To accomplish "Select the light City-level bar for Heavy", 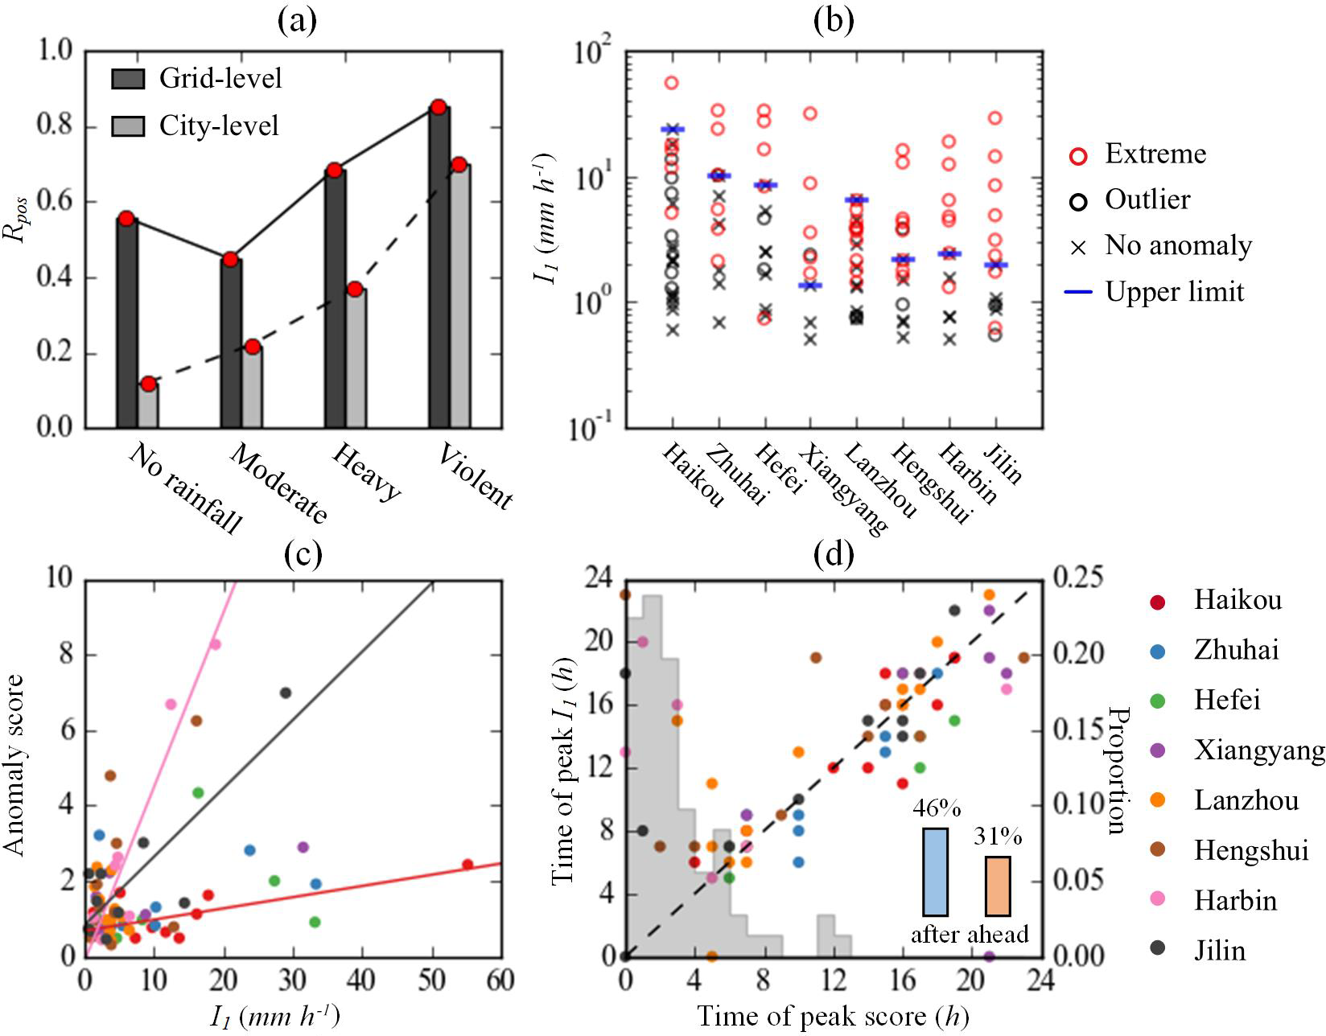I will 356,358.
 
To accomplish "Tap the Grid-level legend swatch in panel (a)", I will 128,79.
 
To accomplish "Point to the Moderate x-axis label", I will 278,482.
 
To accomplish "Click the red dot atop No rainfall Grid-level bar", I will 126,218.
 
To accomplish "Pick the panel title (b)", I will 834,20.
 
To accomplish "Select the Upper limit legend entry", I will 1174,291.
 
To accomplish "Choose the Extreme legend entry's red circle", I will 1078,155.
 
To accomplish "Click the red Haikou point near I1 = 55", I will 467,864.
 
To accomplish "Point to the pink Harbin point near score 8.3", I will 216,644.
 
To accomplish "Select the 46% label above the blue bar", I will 936,808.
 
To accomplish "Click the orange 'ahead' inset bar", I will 998,886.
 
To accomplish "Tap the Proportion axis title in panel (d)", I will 1116,771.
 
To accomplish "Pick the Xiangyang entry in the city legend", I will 1259,750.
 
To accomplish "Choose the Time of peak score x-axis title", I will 833,1017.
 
